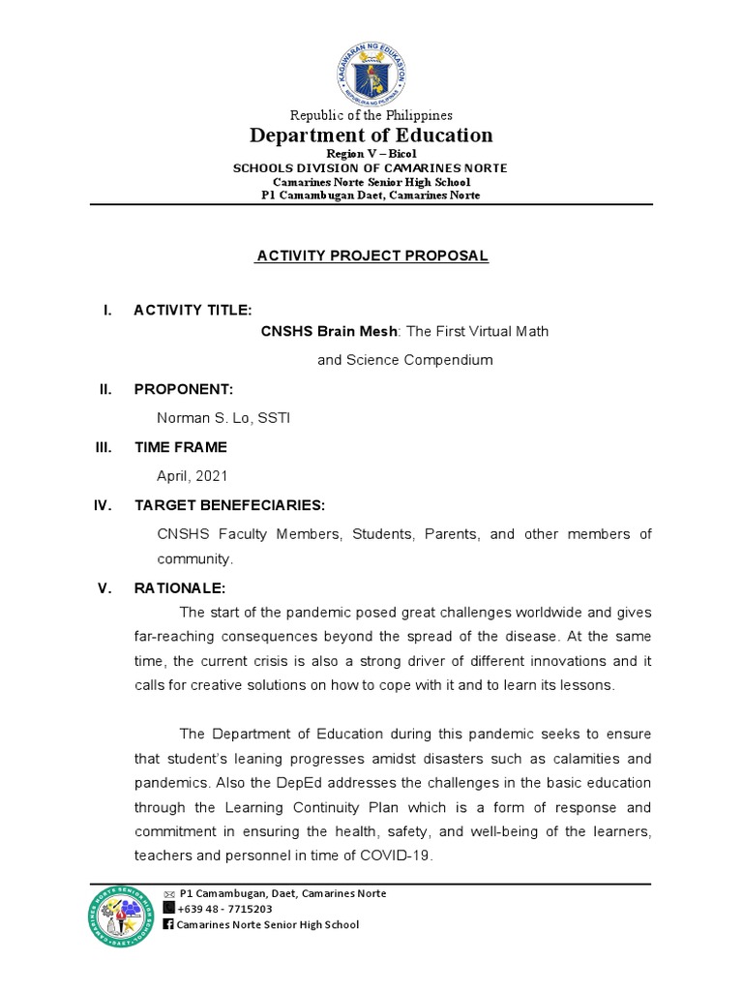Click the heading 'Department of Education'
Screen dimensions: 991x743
click(x=371, y=135)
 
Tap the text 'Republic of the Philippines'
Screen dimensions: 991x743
click(x=371, y=115)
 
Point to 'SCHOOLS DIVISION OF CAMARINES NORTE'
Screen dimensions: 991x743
click(x=371, y=168)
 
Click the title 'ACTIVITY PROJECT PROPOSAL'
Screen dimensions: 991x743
click(x=371, y=255)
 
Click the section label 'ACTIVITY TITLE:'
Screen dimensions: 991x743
click(x=193, y=310)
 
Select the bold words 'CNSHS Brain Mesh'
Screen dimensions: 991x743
click(x=329, y=331)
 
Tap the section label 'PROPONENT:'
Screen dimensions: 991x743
click(x=184, y=388)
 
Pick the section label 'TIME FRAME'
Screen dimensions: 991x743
click(x=181, y=447)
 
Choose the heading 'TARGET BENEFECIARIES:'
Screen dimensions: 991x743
click(x=229, y=505)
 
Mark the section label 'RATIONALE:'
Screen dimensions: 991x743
click(x=179, y=588)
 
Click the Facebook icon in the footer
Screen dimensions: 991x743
click(x=168, y=924)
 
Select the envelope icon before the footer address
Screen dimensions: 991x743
click(x=168, y=893)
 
